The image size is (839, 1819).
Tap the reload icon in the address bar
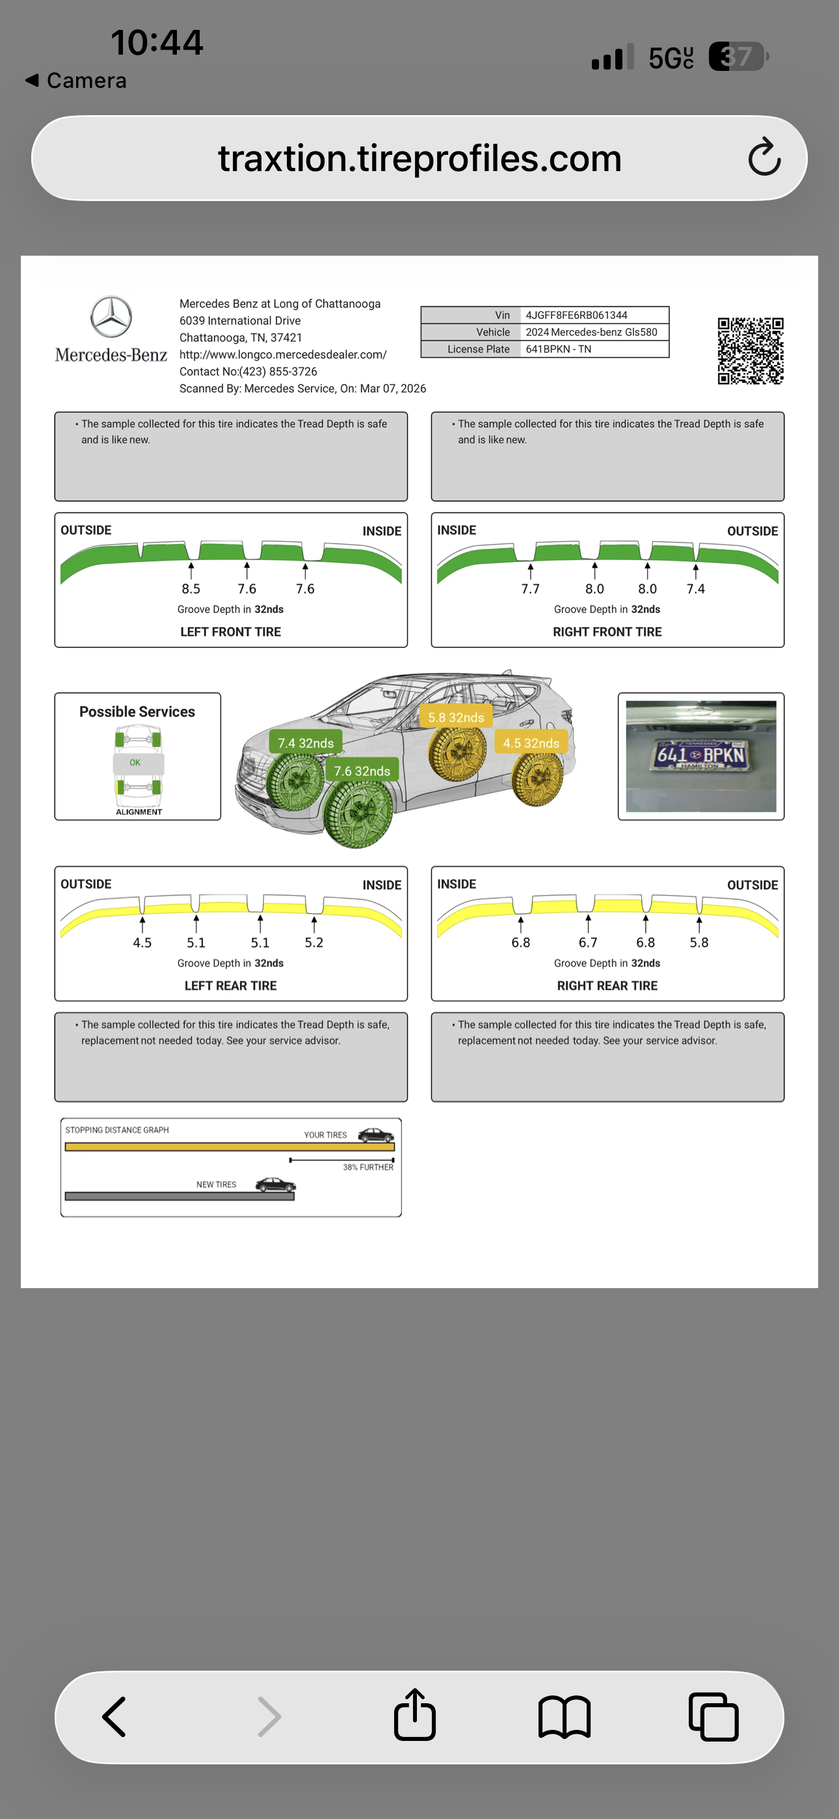764,157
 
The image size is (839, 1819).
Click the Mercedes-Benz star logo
111,316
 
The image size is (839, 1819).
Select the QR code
750,350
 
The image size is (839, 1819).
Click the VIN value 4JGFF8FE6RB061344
576,315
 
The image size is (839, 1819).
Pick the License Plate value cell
593,349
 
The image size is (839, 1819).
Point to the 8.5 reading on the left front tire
191,589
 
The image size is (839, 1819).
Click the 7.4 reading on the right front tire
696,589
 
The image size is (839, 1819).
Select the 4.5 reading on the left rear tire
142,943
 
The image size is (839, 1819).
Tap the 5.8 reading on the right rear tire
699,943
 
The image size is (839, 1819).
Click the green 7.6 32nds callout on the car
362,770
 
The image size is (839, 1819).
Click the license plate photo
700,755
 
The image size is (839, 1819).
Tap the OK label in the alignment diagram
135,762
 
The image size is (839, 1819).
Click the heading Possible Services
137,712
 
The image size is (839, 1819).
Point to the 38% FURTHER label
368,1167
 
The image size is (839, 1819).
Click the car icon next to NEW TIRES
274,1184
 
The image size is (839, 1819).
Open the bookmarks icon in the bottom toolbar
564,1717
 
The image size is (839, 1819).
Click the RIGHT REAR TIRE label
607,986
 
